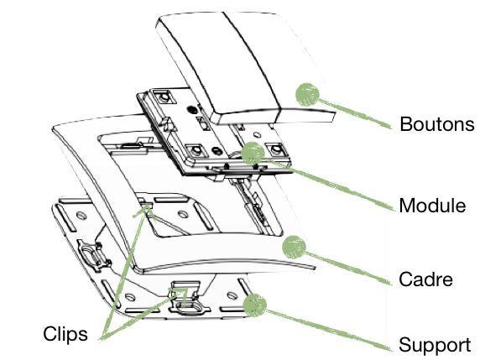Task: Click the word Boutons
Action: [437, 125]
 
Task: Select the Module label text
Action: [433, 206]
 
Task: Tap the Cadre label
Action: [426, 279]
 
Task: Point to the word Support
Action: [432, 345]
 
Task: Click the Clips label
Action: [64, 334]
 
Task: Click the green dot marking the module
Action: [252, 152]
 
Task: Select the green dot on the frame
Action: [294, 246]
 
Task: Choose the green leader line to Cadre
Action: [344, 263]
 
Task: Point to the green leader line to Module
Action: [327, 180]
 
